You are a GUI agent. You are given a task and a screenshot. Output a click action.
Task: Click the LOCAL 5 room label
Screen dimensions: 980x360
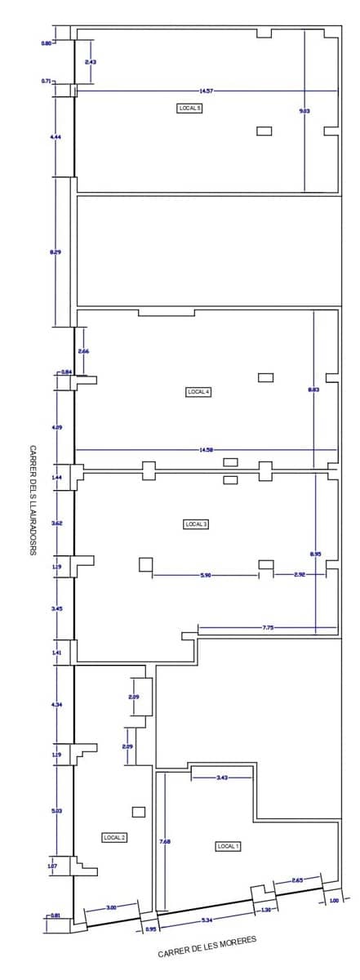(x=189, y=108)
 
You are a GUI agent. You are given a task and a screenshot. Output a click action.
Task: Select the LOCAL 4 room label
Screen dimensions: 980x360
(x=199, y=392)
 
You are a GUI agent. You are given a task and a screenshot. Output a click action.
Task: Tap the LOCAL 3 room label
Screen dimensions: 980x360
(x=196, y=524)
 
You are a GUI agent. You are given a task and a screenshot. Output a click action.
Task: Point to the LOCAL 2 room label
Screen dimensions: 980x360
(x=114, y=837)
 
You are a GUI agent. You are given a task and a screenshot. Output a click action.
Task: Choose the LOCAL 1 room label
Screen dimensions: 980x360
(x=228, y=846)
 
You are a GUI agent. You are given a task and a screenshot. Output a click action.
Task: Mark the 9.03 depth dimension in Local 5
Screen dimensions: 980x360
(x=304, y=110)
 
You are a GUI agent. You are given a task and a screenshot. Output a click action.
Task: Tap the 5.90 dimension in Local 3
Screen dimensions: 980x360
(x=206, y=575)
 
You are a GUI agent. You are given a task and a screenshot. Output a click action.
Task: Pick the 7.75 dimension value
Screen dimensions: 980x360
(x=268, y=628)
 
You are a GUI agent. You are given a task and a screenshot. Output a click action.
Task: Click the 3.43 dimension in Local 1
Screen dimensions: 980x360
(x=222, y=777)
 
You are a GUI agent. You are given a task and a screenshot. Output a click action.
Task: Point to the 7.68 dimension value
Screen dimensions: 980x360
(x=164, y=840)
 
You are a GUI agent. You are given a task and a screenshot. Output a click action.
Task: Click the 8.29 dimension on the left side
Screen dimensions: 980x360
(x=56, y=252)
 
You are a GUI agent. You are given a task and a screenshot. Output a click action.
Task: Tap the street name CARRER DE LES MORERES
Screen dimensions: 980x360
(x=207, y=947)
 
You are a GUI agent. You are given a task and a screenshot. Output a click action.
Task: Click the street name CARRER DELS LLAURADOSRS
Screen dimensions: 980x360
(x=33, y=500)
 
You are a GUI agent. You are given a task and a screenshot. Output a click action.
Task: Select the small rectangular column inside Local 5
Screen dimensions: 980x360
(x=264, y=131)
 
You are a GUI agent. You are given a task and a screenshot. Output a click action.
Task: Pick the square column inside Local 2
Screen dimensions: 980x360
(x=139, y=812)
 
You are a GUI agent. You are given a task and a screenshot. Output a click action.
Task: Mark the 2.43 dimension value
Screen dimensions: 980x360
(x=91, y=62)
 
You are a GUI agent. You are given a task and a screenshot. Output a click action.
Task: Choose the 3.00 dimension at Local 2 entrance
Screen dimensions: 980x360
(x=111, y=907)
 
